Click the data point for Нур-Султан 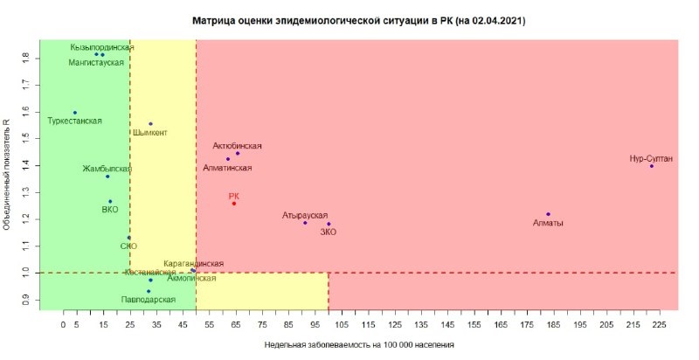click(x=651, y=166)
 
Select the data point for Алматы click(x=548, y=214)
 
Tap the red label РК click(x=233, y=197)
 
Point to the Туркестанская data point click(x=75, y=113)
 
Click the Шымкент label click(x=150, y=133)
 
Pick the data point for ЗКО click(x=329, y=224)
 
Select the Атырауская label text click(x=305, y=214)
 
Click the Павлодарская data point click(x=149, y=291)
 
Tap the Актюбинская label click(x=238, y=146)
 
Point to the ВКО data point click(x=110, y=202)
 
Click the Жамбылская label click(x=107, y=168)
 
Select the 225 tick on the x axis click(x=660, y=324)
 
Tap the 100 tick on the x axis click(x=329, y=324)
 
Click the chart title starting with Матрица click(x=358, y=18)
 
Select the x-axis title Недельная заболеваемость click(x=359, y=345)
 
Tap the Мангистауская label click(x=97, y=63)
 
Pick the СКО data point click(x=128, y=238)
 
